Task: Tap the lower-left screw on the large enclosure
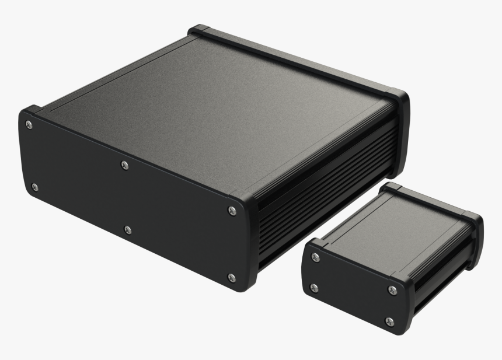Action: pos(34,187)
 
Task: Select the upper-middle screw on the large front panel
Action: pos(124,166)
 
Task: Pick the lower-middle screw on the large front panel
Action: pos(128,230)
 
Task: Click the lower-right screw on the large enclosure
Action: pos(231,277)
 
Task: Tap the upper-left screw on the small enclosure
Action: pos(316,257)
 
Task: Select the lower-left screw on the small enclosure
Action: pos(315,288)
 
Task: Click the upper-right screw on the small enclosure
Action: pos(392,290)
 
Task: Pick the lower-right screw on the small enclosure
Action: pos(389,321)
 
